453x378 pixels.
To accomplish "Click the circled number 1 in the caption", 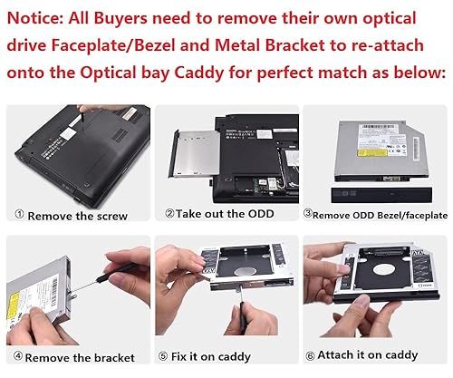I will tap(19, 216).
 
